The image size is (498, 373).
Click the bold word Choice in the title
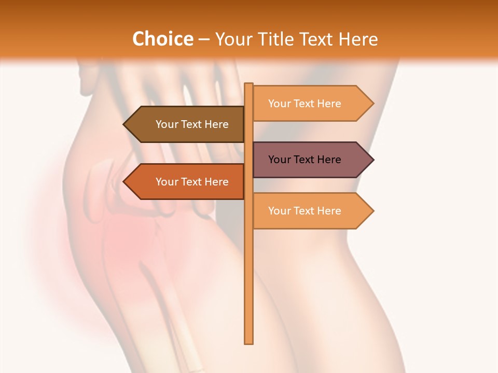tap(162, 39)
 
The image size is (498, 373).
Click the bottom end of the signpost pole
tap(249, 341)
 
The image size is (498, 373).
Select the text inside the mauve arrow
tap(305, 160)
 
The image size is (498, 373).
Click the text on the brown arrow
tap(192, 124)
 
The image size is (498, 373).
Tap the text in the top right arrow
tap(305, 104)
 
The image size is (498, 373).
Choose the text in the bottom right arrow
tap(305, 211)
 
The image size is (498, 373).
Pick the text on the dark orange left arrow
tap(192, 182)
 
